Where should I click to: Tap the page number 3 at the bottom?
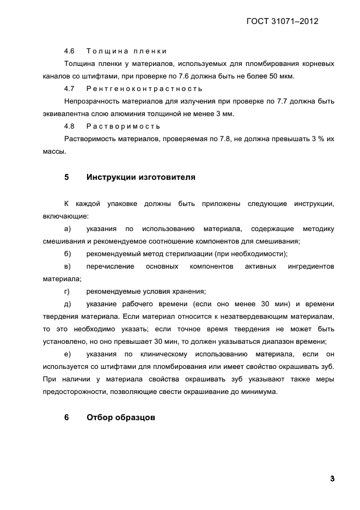[x=332, y=478]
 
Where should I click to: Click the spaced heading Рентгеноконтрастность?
[x=144, y=89]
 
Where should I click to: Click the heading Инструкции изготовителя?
[x=141, y=177]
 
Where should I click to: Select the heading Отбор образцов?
[x=121, y=418]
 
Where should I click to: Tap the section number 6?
[x=67, y=418]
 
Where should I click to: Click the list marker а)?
[x=68, y=228]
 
